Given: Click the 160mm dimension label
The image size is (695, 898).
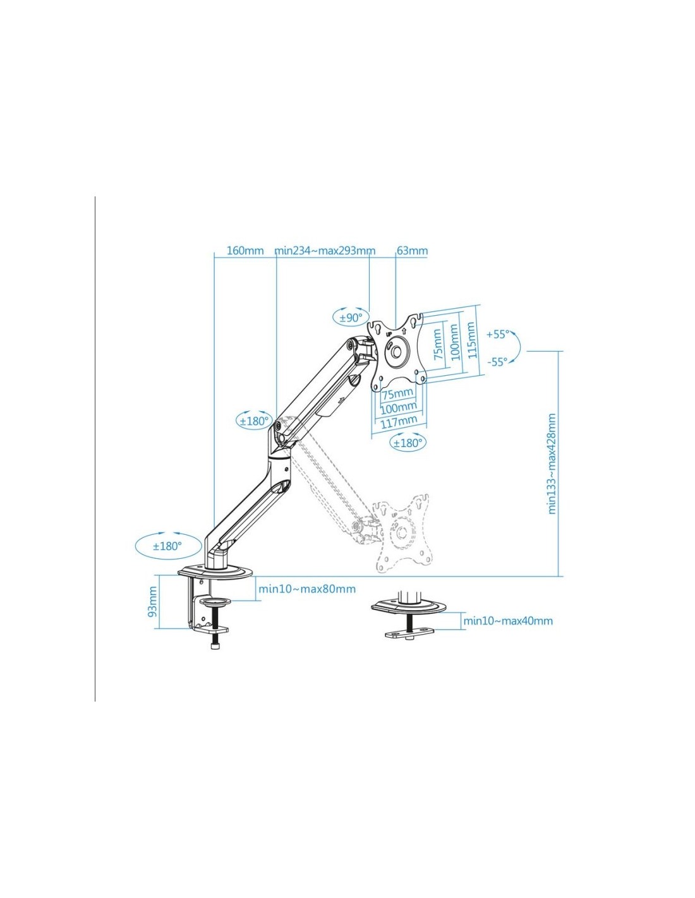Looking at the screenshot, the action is point(245,251).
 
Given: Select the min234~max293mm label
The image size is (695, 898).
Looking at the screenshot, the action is point(325,251).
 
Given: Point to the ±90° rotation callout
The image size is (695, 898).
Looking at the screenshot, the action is point(351,318).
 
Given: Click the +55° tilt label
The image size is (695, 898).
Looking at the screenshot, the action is point(498,334).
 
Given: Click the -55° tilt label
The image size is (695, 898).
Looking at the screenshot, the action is point(497,362).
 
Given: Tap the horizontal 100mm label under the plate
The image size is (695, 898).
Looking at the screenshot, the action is point(398,408).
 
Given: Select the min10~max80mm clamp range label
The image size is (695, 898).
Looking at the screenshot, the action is point(307,589).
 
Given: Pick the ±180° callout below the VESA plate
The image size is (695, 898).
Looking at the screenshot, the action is point(408,443).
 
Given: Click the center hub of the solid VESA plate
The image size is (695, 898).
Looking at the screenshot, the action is point(396,351).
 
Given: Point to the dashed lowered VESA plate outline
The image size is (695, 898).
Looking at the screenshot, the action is point(402,533).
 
